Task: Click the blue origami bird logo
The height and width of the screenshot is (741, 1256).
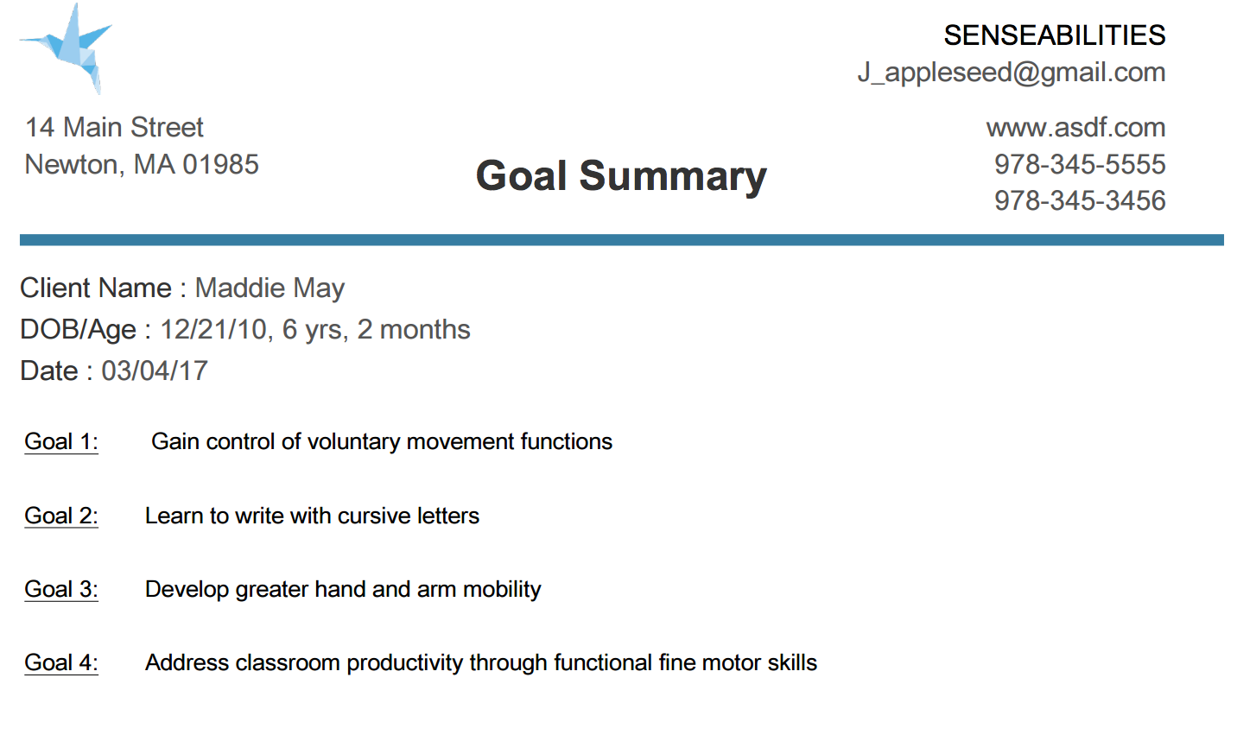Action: [67, 48]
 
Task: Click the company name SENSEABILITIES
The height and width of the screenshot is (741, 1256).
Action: [1055, 35]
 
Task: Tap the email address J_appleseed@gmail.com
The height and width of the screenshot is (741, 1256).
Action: [1012, 73]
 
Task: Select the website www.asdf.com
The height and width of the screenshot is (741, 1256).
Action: [1076, 128]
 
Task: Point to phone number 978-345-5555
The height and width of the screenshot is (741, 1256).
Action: [1080, 164]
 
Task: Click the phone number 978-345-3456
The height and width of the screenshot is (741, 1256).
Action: [1080, 200]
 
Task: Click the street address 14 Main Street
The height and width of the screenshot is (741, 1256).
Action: [114, 127]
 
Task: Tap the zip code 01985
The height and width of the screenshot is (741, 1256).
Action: [220, 164]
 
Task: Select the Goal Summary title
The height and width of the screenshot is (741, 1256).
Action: [621, 176]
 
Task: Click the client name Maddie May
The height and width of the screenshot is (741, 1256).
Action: [270, 288]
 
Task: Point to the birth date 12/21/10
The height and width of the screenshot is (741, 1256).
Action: [213, 330]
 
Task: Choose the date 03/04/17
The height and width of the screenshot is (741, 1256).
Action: [155, 371]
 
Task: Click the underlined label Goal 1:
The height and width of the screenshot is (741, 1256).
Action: [61, 441]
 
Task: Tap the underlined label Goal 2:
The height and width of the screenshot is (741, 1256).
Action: [61, 516]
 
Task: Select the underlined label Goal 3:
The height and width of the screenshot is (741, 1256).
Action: [61, 590]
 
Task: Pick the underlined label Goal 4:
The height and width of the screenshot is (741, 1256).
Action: [61, 663]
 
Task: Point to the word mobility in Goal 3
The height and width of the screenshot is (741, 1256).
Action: [502, 590]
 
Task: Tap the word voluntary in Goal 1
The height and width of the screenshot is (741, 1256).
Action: [354, 442]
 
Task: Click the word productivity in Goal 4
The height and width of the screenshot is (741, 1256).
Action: [405, 663]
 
